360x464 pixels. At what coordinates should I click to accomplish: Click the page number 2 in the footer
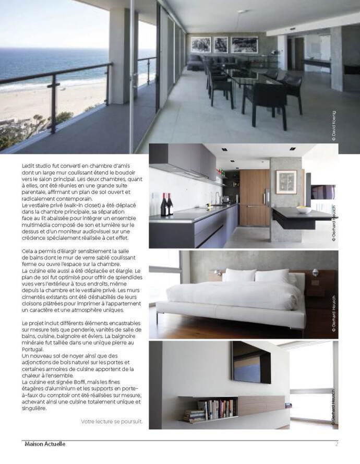click(x=337, y=444)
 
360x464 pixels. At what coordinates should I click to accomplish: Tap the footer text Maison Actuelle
click(x=44, y=444)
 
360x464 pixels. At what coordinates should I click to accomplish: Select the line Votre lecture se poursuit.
click(x=112, y=421)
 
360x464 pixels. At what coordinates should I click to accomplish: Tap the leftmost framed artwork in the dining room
click(x=201, y=44)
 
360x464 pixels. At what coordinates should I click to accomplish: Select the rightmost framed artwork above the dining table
click(x=244, y=44)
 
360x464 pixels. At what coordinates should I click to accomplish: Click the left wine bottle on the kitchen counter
click(x=164, y=205)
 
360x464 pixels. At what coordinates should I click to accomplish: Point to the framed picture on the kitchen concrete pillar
click(x=286, y=182)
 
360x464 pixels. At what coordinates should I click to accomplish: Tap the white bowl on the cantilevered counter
click(x=304, y=209)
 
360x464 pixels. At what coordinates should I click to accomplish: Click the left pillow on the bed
click(x=239, y=276)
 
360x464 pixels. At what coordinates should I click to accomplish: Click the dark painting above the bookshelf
click(x=251, y=362)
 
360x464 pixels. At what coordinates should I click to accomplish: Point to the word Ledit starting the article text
click(x=29, y=165)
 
